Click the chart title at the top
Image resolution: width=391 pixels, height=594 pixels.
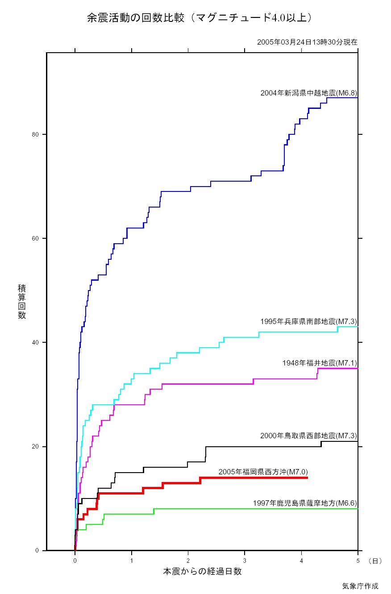[199, 18]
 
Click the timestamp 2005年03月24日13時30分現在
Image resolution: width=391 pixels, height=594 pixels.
[307, 42]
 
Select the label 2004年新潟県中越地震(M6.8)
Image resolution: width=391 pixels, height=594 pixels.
[309, 93]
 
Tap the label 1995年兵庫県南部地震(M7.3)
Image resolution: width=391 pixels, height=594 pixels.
[309, 321]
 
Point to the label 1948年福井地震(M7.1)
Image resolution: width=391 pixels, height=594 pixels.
[320, 363]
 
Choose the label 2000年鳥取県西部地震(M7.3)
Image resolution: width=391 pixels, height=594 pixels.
[309, 436]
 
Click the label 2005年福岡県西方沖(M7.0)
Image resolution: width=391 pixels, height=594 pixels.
[263, 472]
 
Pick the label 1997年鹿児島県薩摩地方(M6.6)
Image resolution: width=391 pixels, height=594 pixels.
[305, 503]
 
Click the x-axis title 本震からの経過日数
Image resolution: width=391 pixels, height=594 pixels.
[202, 571]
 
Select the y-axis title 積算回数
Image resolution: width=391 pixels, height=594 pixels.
[22, 301]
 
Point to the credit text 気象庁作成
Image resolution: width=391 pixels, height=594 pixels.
[360, 586]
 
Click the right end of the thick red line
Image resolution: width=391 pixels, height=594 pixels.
[307, 478]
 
